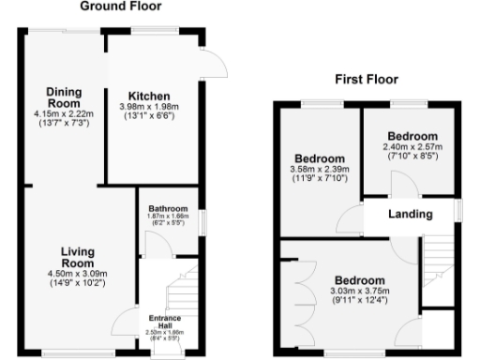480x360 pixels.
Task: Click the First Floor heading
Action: coord(367,80)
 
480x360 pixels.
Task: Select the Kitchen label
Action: coord(149,96)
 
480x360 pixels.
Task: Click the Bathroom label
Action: coord(168,208)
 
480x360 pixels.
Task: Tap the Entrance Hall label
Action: coord(165,321)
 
